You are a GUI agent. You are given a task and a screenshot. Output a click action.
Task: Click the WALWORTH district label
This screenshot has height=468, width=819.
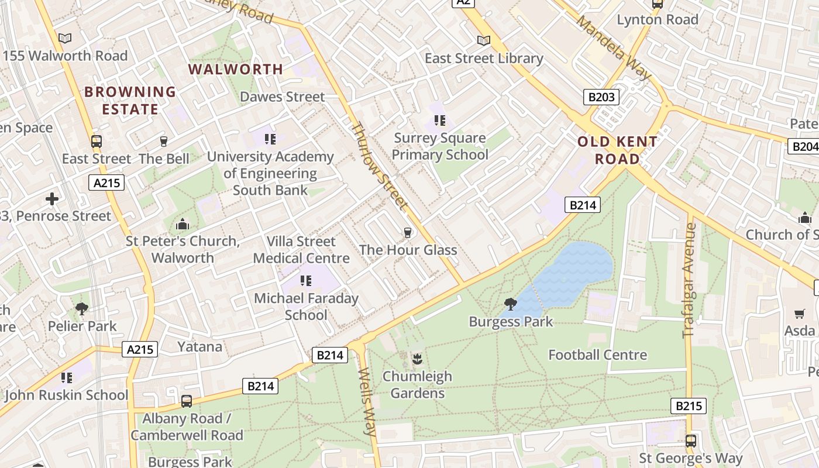[x=235, y=69]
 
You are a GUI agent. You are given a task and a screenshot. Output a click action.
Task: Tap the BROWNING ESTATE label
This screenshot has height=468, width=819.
[x=130, y=101]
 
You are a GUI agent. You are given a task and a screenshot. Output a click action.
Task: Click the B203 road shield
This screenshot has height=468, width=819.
[x=601, y=97]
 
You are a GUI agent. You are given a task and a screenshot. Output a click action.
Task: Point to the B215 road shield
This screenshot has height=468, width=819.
[x=688, y=406]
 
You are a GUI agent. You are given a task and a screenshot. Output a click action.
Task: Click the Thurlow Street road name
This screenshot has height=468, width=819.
[x=379, y=166]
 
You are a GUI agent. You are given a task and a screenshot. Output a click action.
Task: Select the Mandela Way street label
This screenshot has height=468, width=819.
[x=613, y=47]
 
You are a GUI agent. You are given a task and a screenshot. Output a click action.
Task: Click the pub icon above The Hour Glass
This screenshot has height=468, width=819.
[x=408, y=233]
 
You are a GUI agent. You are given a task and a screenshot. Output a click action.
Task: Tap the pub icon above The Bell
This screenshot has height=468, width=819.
[x=164, y=142]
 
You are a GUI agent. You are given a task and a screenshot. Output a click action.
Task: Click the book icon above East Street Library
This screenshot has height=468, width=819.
[x=483, y=40]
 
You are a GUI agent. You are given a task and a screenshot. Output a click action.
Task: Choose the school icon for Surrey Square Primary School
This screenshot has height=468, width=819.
[x=440, y=121]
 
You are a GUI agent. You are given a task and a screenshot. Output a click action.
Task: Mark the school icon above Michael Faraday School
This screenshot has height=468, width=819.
[x=305, y=281]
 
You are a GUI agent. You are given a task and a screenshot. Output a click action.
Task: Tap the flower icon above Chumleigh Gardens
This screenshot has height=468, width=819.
[x=417, y=359]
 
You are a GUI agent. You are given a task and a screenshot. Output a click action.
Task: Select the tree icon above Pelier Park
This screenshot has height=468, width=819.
[x=82, y=309]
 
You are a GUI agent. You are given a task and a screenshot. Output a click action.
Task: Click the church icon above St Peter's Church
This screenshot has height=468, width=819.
[x=183, y=224]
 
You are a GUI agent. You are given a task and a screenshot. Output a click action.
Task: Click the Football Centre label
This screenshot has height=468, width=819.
[x=597, y=355]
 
